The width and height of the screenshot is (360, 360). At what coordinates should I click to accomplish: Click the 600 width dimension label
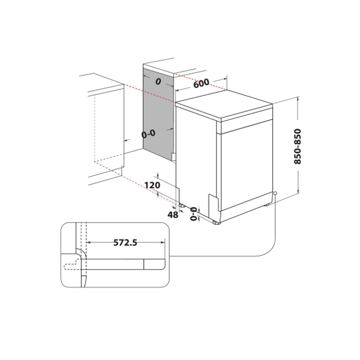(x=202, y=84)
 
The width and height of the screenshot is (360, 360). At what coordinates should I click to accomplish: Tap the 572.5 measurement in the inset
(x=126, y=243)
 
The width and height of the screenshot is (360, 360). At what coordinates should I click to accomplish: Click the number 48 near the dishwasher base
(x=173, y=214)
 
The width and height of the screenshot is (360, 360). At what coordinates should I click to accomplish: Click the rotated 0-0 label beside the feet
(x=193, y=214)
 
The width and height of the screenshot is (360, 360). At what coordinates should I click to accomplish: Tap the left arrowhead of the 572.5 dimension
(x=89, y=243)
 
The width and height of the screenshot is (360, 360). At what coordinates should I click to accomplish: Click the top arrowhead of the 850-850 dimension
(x=299, y=100)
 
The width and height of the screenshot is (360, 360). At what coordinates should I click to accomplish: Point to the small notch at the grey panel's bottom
(x=173, y=156)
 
